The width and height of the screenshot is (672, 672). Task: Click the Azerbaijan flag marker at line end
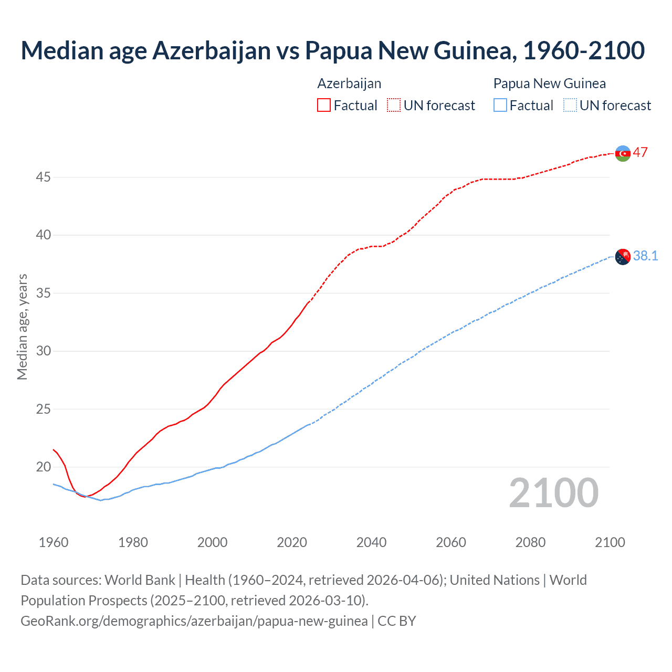623,153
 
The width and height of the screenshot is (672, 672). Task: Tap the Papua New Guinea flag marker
623,257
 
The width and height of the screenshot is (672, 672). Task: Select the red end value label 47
640,153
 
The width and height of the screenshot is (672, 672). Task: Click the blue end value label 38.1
645,256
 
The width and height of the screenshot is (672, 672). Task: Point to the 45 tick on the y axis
43,177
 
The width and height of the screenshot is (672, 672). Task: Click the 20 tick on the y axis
43,467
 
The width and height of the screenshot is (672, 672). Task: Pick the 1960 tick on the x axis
54,542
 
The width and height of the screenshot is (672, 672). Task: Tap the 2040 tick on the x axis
371,542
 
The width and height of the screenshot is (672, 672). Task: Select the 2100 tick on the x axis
610,542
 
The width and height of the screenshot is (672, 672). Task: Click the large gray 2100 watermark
553,493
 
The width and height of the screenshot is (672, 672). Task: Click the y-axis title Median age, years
22,327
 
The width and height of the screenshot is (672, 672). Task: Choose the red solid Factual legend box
324,106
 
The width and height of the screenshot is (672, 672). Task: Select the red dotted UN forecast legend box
394,106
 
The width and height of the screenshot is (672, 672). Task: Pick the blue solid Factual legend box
500,106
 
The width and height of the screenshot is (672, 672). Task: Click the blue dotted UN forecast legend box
570,106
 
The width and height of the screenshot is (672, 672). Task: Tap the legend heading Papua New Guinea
549,83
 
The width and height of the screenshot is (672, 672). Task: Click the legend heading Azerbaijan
349,83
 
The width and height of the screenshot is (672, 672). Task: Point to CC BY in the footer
397,621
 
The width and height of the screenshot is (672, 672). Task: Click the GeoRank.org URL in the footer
194,621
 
